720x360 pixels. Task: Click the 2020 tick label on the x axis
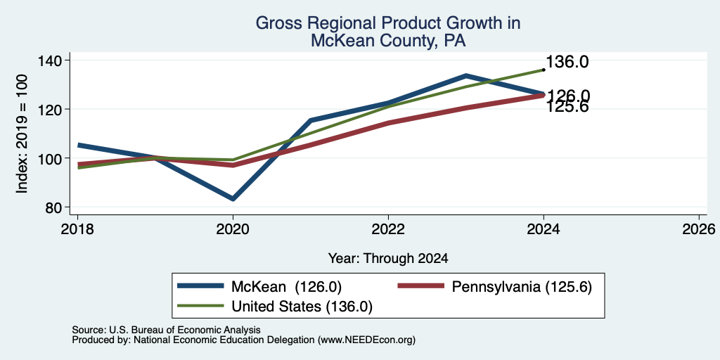(233, 229)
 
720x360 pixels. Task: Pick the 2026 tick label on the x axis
(699, 229)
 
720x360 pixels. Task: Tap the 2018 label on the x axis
(77, 229)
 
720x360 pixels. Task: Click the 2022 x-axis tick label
(388, 229)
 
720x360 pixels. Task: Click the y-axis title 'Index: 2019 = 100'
(22, 134)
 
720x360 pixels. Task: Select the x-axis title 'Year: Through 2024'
(388, 259)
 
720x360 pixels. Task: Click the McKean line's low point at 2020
(233, 198)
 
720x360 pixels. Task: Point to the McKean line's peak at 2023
(466, 76)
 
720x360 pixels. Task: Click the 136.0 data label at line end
(567, 62)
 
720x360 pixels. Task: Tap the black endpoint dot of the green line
(544, 70)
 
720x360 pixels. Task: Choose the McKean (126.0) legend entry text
(287, 287)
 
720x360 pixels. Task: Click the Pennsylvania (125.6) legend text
(522, 287)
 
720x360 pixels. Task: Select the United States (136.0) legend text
(302, 307)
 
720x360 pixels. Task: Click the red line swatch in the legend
(420, 286)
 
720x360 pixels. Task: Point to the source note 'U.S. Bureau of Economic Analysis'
(185, 330)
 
